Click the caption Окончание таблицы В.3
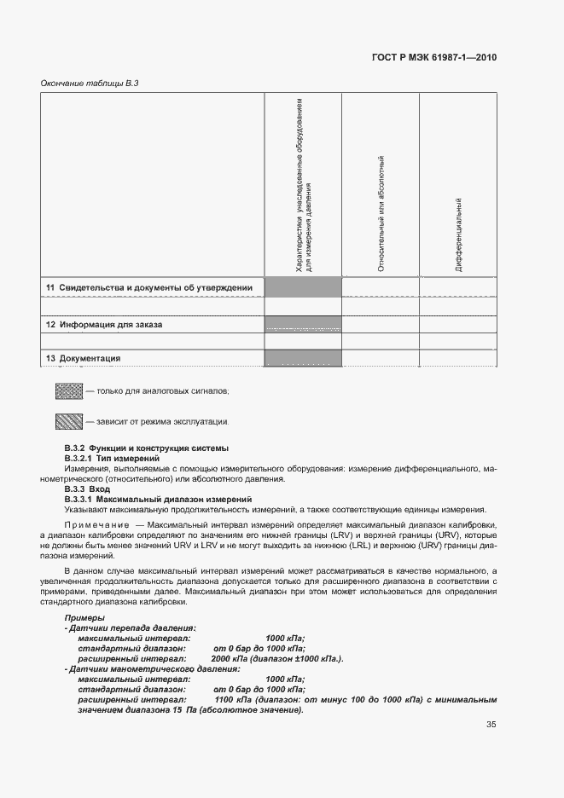point(90,83)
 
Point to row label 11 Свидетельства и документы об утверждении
point(149,288)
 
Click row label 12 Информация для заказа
point(104,325)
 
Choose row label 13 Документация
point(83,358)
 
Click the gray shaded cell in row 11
point(303,287)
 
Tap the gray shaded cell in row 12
point(303,324)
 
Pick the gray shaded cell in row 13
point(303,358)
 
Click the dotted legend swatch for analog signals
point(68,391)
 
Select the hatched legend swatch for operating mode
point(68,421)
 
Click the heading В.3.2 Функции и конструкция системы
point(146,448)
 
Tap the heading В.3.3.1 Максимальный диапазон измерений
point(158,499)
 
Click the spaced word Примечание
point(102,524)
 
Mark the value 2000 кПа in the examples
point(228,659)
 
